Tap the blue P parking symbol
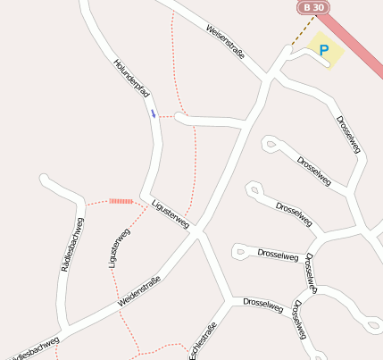tap(324, 51)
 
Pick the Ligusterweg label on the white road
tap(170, 213)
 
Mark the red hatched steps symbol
tap(121, 201)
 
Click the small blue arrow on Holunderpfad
tap(154, 113)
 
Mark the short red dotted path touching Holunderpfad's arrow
tap(166, 116)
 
